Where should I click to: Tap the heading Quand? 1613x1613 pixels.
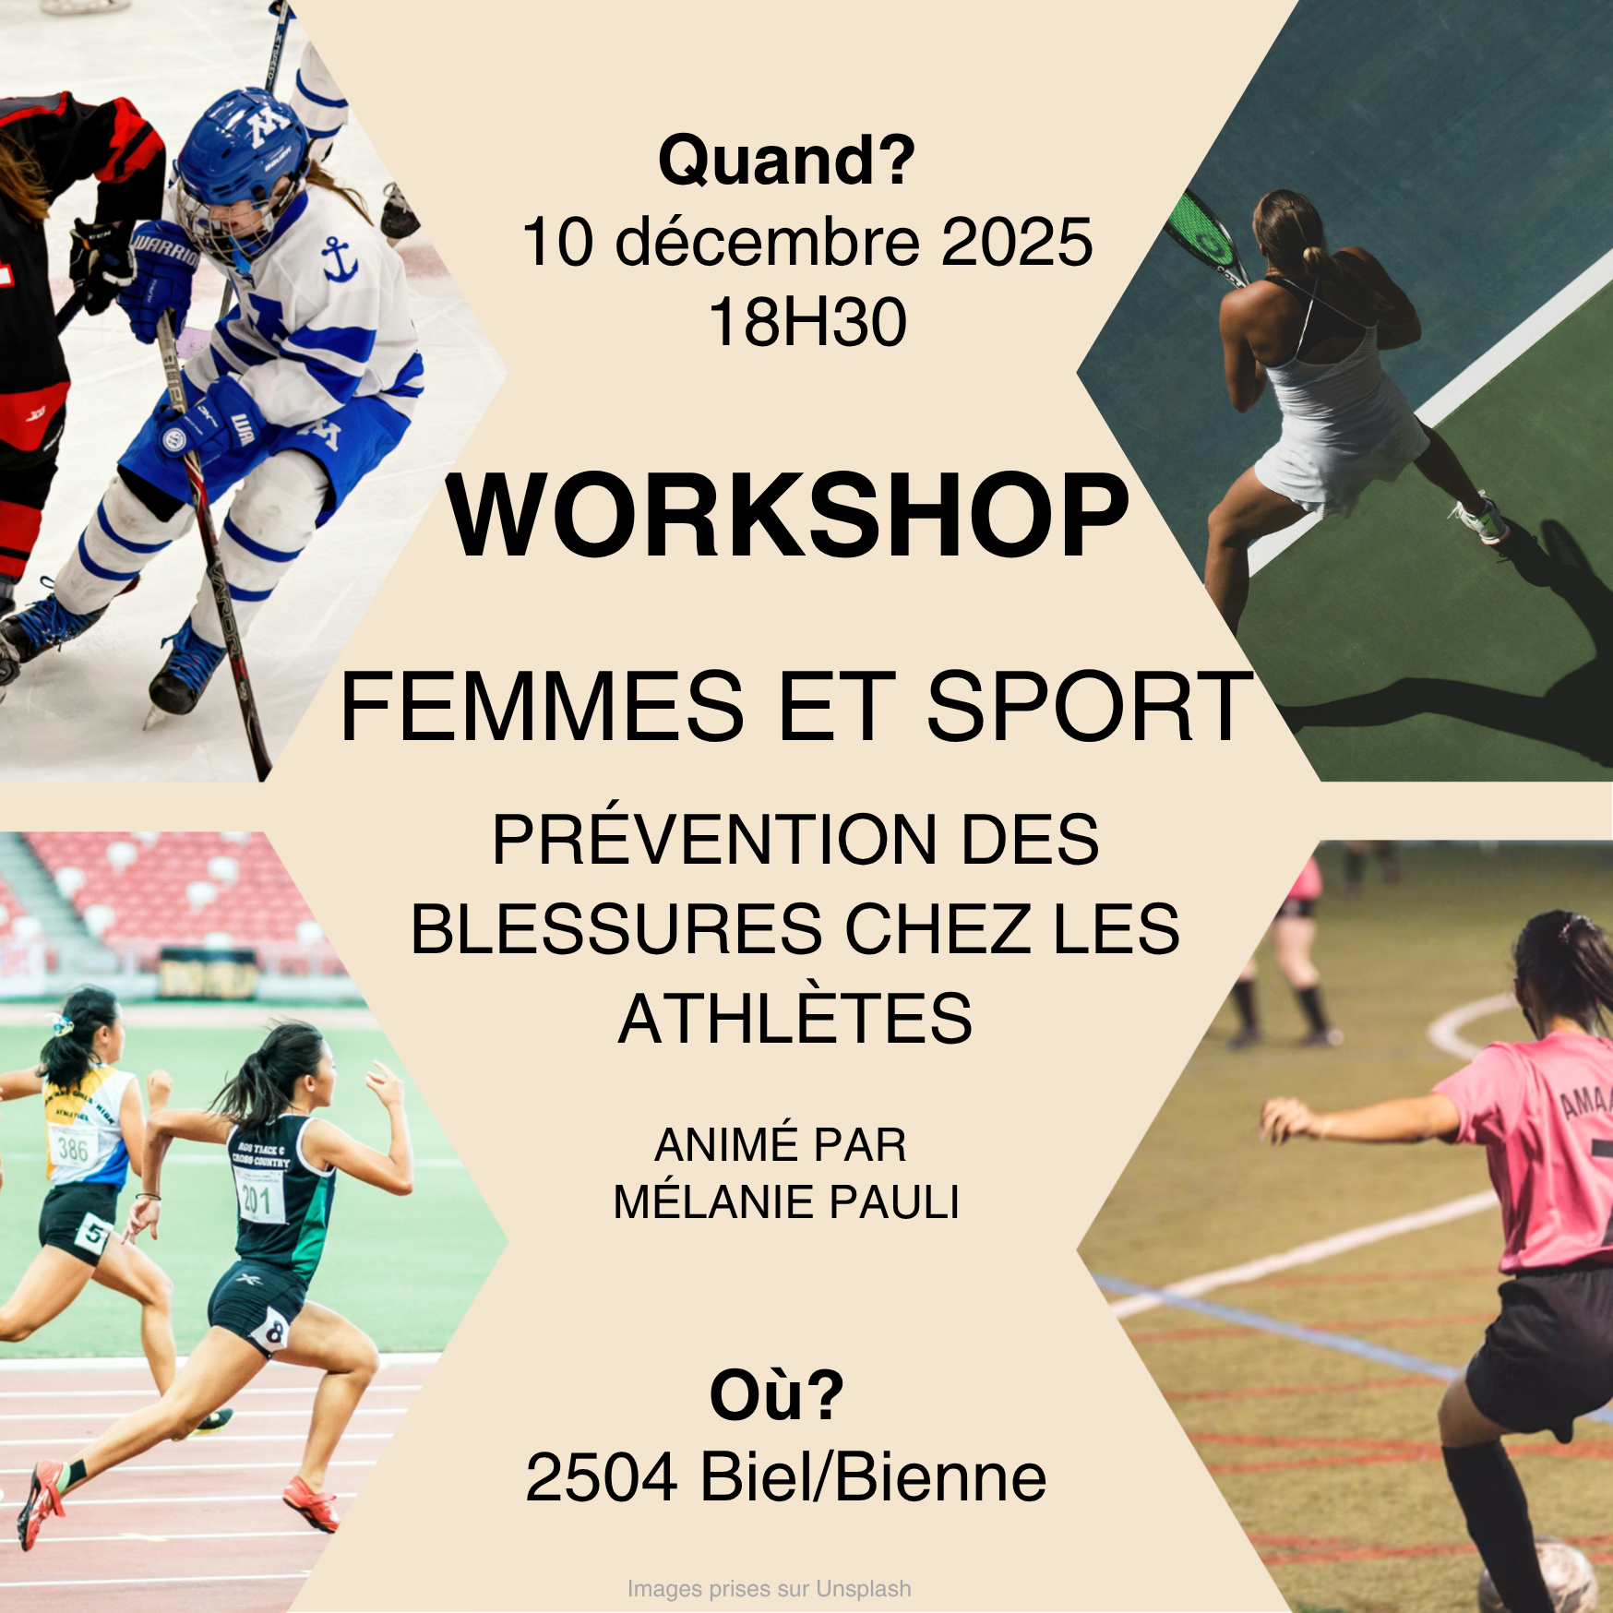[x=786, y=161]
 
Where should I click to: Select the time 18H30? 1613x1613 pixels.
[x=807, y=323]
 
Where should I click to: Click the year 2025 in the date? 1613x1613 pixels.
[x=1017, y=243]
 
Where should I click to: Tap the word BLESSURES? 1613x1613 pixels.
[x=615, y=929]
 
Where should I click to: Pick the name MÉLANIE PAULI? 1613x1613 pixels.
[x=786, y=1201]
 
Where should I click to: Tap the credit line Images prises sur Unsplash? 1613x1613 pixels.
[x=769, y=1588]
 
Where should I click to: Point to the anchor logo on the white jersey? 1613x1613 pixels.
[x=339, y=258]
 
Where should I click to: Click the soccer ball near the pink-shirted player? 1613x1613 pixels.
[x=1535, y=1576]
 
